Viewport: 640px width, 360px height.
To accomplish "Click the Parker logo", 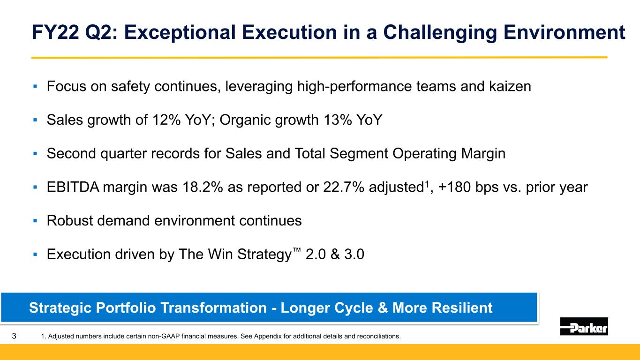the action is click(584, 326).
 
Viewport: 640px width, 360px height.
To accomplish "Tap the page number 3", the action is click(14, 336).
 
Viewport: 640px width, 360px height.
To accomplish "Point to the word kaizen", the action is click(510, 86).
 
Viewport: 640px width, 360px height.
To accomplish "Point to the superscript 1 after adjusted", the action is click(427, 183).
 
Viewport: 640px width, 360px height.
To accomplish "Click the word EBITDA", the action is click(73, 187).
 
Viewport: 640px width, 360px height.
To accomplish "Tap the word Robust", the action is click(70, 221).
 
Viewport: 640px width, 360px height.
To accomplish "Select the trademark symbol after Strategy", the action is click(297, 250).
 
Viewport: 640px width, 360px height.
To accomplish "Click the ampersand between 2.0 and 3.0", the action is click(335, 254).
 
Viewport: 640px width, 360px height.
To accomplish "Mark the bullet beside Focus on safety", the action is click(35, 86).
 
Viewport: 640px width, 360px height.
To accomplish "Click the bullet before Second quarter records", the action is click(35, 154).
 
